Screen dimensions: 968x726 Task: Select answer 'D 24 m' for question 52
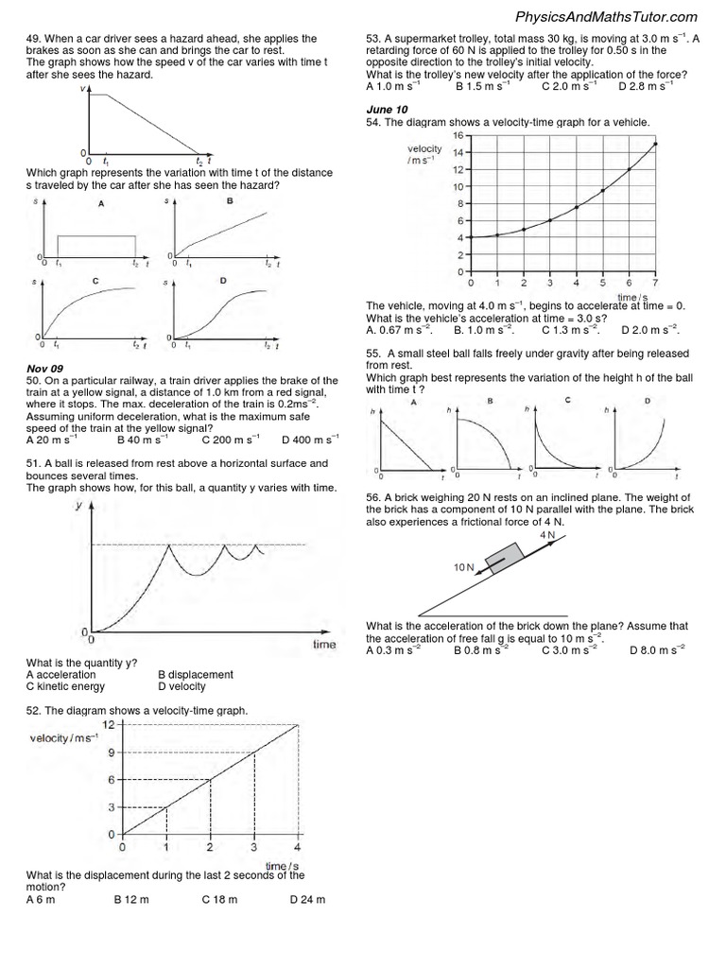(307, 899)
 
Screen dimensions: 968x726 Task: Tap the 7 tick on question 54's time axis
(655, 283)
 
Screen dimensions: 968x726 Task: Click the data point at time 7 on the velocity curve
(655, 144)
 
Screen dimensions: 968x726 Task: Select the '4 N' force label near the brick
(546, 534)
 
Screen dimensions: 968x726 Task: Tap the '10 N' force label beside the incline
(463, 567)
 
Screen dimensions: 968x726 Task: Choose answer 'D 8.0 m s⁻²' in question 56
(656, 650)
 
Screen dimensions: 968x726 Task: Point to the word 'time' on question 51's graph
(324, 645)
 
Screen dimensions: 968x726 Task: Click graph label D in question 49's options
(223, 281)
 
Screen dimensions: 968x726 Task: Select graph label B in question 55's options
(490, 402)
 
